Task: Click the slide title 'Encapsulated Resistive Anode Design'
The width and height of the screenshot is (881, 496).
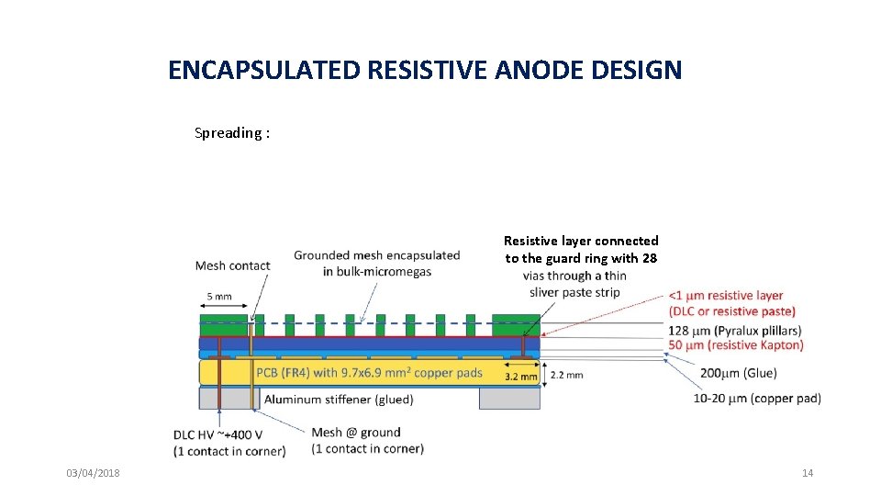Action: (x=425, y=70)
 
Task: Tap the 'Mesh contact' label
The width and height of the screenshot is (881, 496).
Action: (x=232, y=265)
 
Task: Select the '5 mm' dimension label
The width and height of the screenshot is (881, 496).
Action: (x=218, y=298)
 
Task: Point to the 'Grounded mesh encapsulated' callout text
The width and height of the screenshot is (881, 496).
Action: (x=376, y=255)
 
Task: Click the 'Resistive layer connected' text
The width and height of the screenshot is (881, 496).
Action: (x=581, y=241)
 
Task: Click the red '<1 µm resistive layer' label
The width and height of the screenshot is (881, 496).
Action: (x=726, y=296)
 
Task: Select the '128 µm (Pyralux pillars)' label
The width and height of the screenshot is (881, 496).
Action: (x=735, y=329)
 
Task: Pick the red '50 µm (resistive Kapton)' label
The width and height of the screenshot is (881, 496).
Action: (x=735, y=344)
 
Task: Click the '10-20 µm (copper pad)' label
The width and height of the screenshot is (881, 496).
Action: (x=758, y=398)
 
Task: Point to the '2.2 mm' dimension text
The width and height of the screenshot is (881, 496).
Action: (x=566, y=375)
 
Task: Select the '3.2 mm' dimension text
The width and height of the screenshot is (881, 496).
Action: (x=521, y=376)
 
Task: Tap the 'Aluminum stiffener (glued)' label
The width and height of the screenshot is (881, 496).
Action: (x=339, y=400)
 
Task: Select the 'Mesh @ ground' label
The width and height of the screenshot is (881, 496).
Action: (x=356, y=433)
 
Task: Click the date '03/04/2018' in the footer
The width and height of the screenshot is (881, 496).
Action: (x=93, y=473)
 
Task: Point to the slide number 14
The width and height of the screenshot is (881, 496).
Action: (x=808, y=473)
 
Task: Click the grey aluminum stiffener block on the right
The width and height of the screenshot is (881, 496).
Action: (x=509, y=398)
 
